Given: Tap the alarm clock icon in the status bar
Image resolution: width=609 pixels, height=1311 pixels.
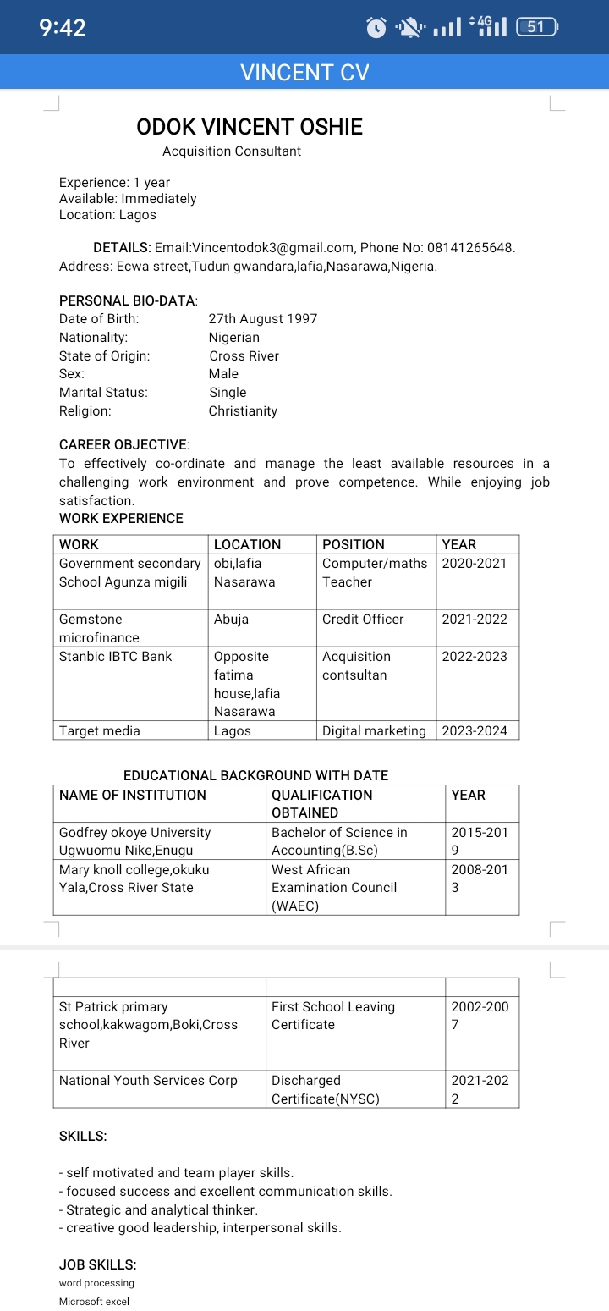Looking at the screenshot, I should pyautogui.click(x=376, y=28).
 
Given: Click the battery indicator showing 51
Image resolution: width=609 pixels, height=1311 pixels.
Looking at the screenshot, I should pyautogui.click(x=536, y=27).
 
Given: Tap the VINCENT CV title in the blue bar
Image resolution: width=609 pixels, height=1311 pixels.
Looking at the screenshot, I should pyautogui.click(x=304, y=73).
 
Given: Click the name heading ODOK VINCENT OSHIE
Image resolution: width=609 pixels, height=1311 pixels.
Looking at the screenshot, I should pyautogui.click(x=250, y=127).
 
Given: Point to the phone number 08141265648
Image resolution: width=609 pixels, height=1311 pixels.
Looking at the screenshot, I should pyautogui.click(x=470, y=248).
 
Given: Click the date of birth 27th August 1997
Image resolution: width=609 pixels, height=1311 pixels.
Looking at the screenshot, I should pyautogui.click(x=263, y=319).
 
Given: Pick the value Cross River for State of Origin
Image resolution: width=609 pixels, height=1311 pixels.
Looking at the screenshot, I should pyautogui.click(x=244, y=356).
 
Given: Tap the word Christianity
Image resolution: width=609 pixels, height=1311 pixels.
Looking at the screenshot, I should pyautogui.click(x=243, y=411).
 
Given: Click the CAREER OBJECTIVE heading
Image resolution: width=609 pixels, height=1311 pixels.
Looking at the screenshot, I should pyautogui.click(x=123, y=445).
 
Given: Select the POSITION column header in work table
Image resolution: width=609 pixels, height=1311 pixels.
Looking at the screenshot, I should pyautogui.click(x=354, y=544).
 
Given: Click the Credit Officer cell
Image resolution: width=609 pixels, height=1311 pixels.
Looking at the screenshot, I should pyautogui.click(x=363, y=620).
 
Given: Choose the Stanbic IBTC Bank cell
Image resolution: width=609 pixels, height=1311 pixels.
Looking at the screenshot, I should pyautogui.click(x=116, y=657).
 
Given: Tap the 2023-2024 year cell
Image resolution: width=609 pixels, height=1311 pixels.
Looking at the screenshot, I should pyautogui.click(x=475, y=731).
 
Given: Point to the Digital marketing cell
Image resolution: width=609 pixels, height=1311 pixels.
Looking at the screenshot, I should pyautogui.click(x=374, y=731).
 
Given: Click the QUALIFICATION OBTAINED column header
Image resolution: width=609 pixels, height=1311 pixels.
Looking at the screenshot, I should pyautogui.click(x=321, y=803).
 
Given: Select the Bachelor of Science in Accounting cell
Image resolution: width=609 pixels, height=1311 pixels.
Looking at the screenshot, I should pyautogui.click(x=339, y=841).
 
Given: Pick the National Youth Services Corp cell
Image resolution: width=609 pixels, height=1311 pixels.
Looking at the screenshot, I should pyautogui.click(x=148, y=1081).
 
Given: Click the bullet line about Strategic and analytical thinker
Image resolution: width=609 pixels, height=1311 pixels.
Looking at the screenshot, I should pyautogui.click(x=159, y=1209).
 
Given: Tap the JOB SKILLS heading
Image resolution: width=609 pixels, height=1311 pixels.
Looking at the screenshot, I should pyautogui.click(x=97, y=1264).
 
